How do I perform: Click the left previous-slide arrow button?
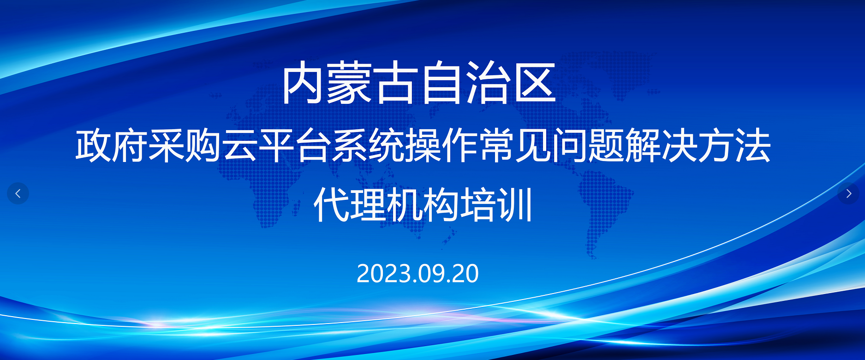18,193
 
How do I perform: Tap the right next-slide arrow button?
848,193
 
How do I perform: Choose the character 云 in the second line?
240,146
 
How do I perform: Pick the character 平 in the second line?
276,146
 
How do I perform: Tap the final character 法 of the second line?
753,146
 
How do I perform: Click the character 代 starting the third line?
331,204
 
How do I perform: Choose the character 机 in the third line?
405,204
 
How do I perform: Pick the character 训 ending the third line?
515,204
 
